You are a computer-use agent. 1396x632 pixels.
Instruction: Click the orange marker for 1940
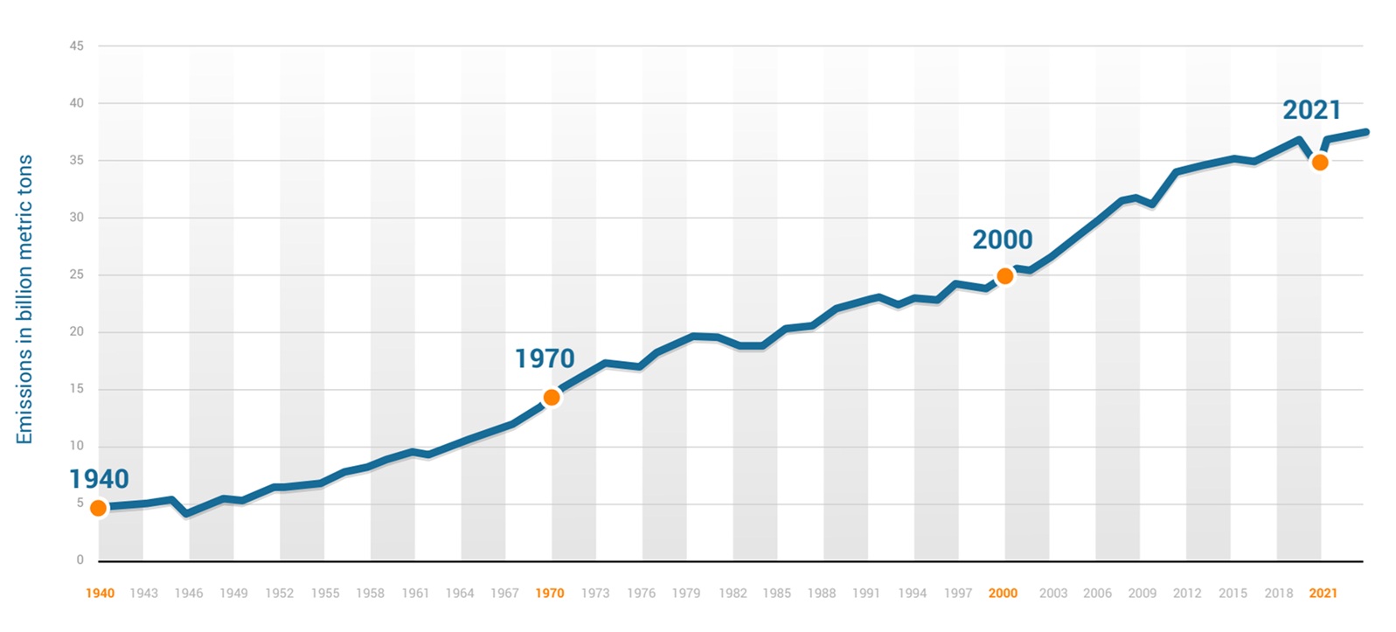point(99,508)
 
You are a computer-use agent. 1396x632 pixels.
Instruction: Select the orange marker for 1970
point(552,398)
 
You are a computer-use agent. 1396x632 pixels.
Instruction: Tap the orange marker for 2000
point(1005,276)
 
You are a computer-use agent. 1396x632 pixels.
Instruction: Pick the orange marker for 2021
point(1320,163)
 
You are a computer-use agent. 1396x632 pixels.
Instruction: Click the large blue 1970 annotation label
point(545,358)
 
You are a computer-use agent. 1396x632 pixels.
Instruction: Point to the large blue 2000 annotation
point(1003,240)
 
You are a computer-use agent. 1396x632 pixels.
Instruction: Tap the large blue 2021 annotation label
point(1311,110)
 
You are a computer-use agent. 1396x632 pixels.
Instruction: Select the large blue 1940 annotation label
point(99,479)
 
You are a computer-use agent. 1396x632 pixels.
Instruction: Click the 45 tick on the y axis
point(77,46)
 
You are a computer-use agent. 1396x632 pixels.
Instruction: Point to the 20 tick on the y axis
point(77,331)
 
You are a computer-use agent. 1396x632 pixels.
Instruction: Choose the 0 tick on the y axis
point(80,559)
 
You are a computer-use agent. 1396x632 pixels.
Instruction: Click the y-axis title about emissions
point(24,299)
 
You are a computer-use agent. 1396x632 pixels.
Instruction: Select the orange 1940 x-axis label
point(100,594)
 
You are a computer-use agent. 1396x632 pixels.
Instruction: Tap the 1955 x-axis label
point(325,594)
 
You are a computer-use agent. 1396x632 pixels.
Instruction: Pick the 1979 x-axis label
point(686,594)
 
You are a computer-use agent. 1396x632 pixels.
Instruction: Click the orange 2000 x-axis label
point(1003,594)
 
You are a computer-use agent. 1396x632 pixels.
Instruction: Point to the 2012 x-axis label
point(1187,594)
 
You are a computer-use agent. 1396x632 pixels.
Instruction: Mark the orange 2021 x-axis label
point(1323,594)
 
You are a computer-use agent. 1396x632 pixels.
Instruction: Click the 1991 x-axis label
point(866,594)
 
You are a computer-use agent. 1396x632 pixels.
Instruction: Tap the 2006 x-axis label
point(1097,594)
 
